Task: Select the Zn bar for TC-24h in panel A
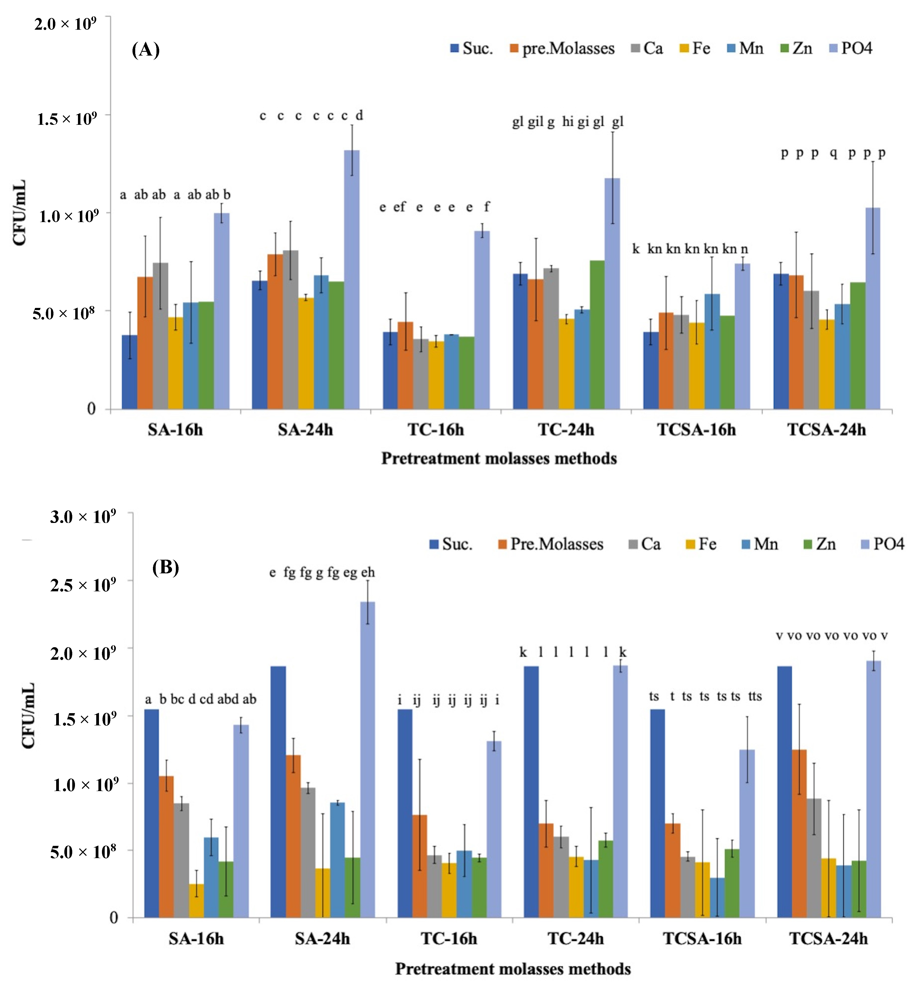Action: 597,335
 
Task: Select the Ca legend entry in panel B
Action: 644,544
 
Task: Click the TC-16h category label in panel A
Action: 435,429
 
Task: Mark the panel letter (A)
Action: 146,50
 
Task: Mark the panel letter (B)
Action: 165,567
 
